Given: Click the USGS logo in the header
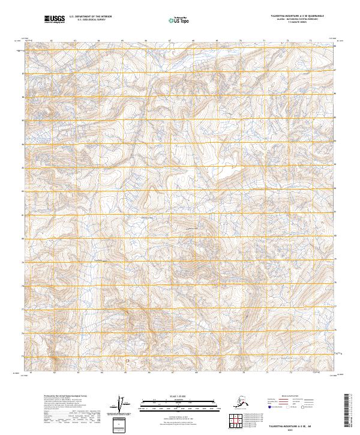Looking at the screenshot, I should (x=55, y=20).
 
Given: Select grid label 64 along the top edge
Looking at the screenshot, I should (x=99, y=41).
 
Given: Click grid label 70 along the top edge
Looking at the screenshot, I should (x=241, y=41).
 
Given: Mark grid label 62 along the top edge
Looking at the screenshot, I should (x=52, y=41).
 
